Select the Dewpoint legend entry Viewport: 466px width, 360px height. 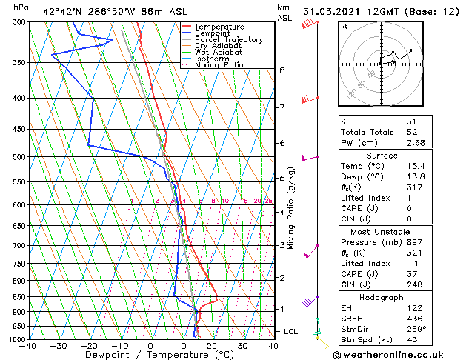(x=212, y=33)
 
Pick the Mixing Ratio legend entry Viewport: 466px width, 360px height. (x=219, y=65)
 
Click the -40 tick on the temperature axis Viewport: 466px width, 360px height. (x=28, y=346)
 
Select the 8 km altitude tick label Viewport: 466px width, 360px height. (x=282, y=70)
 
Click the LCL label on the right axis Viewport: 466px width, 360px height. (x=291, y=331)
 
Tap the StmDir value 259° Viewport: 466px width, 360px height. (x=416, y=329)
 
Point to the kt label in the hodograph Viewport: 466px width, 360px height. (x=344, y=26)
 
